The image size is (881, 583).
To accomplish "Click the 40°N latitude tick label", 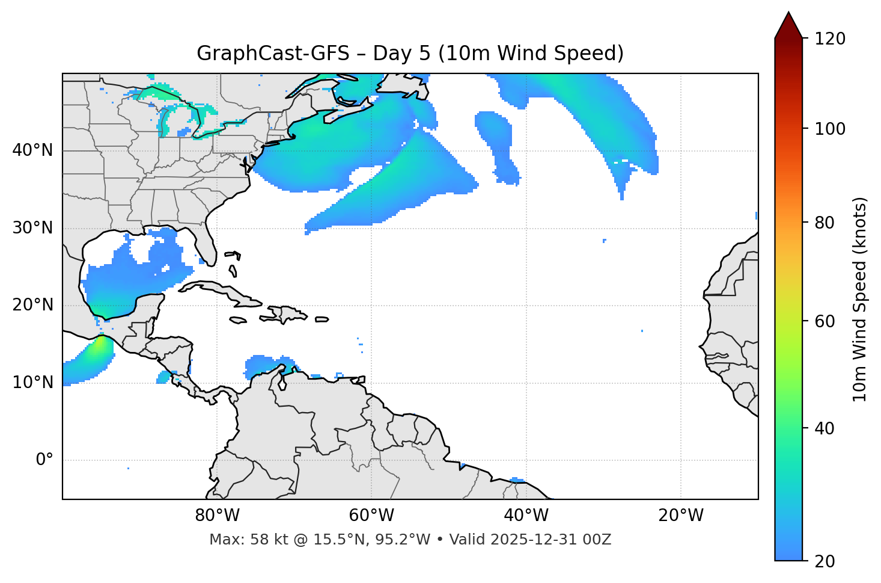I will coord(32,150).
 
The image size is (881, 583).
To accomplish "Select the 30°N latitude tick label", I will coord(32,228).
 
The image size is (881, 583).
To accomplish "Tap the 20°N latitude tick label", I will coord(32,305).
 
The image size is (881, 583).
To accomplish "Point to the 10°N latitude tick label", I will coord(32,383).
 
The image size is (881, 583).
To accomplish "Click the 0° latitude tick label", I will coord(44,460).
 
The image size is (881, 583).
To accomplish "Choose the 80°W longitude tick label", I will coord(217,516).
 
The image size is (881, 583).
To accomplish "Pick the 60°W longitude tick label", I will coord(371,516).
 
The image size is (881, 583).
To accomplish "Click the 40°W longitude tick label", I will coord(526,516).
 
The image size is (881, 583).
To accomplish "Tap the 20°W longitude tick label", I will coord(681,516).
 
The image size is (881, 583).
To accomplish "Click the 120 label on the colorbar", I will coord(830,39).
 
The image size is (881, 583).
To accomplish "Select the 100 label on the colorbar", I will coord(830,129).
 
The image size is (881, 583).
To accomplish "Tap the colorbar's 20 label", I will coord(825,561).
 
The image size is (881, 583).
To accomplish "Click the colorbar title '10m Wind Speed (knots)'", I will coord(860,300).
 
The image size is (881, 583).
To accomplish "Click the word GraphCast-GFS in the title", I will coord(273,54).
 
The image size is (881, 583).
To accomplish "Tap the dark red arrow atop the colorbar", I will coord(788,26).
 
